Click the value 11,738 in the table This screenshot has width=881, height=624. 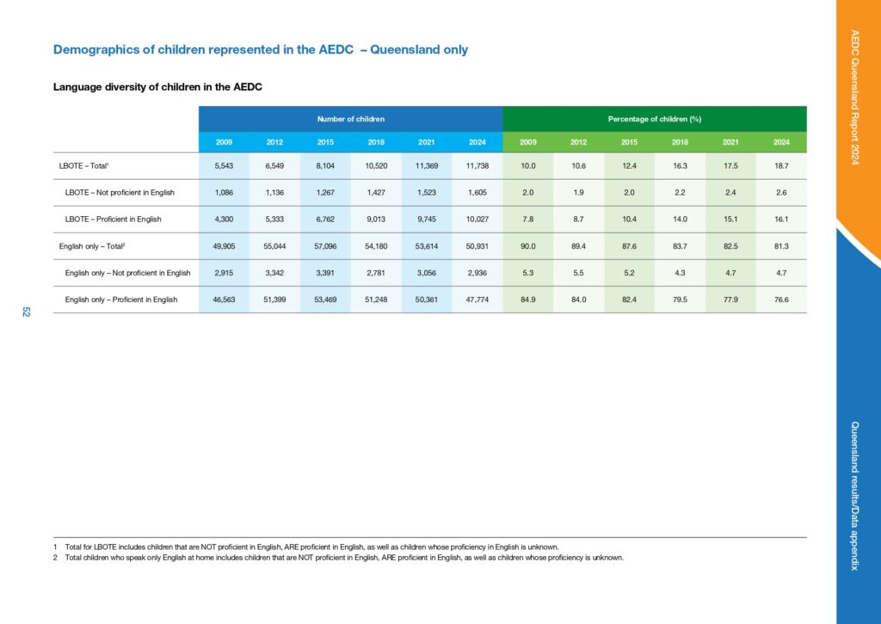(477, 166)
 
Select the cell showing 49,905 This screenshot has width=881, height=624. (225, 246)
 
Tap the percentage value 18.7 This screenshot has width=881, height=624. (781, 166)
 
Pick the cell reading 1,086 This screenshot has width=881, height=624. (225, 193)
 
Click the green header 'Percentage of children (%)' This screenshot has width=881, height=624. (655, 118)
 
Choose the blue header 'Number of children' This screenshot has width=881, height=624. (351, 118)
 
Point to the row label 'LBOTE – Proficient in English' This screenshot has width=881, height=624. (114, 219)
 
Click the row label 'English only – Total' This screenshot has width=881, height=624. (91, 246)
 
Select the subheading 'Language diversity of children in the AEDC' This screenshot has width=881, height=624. (157, 87)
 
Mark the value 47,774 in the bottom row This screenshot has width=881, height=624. (477, 300)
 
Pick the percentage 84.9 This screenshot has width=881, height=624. (528, 300)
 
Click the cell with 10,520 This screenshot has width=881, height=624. (376, 166)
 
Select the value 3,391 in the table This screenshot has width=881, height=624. (326, 273)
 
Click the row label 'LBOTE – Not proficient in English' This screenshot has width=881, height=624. (120, 193)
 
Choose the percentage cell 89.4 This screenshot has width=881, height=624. (579, 246)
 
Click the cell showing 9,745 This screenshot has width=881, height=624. (427, 219)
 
